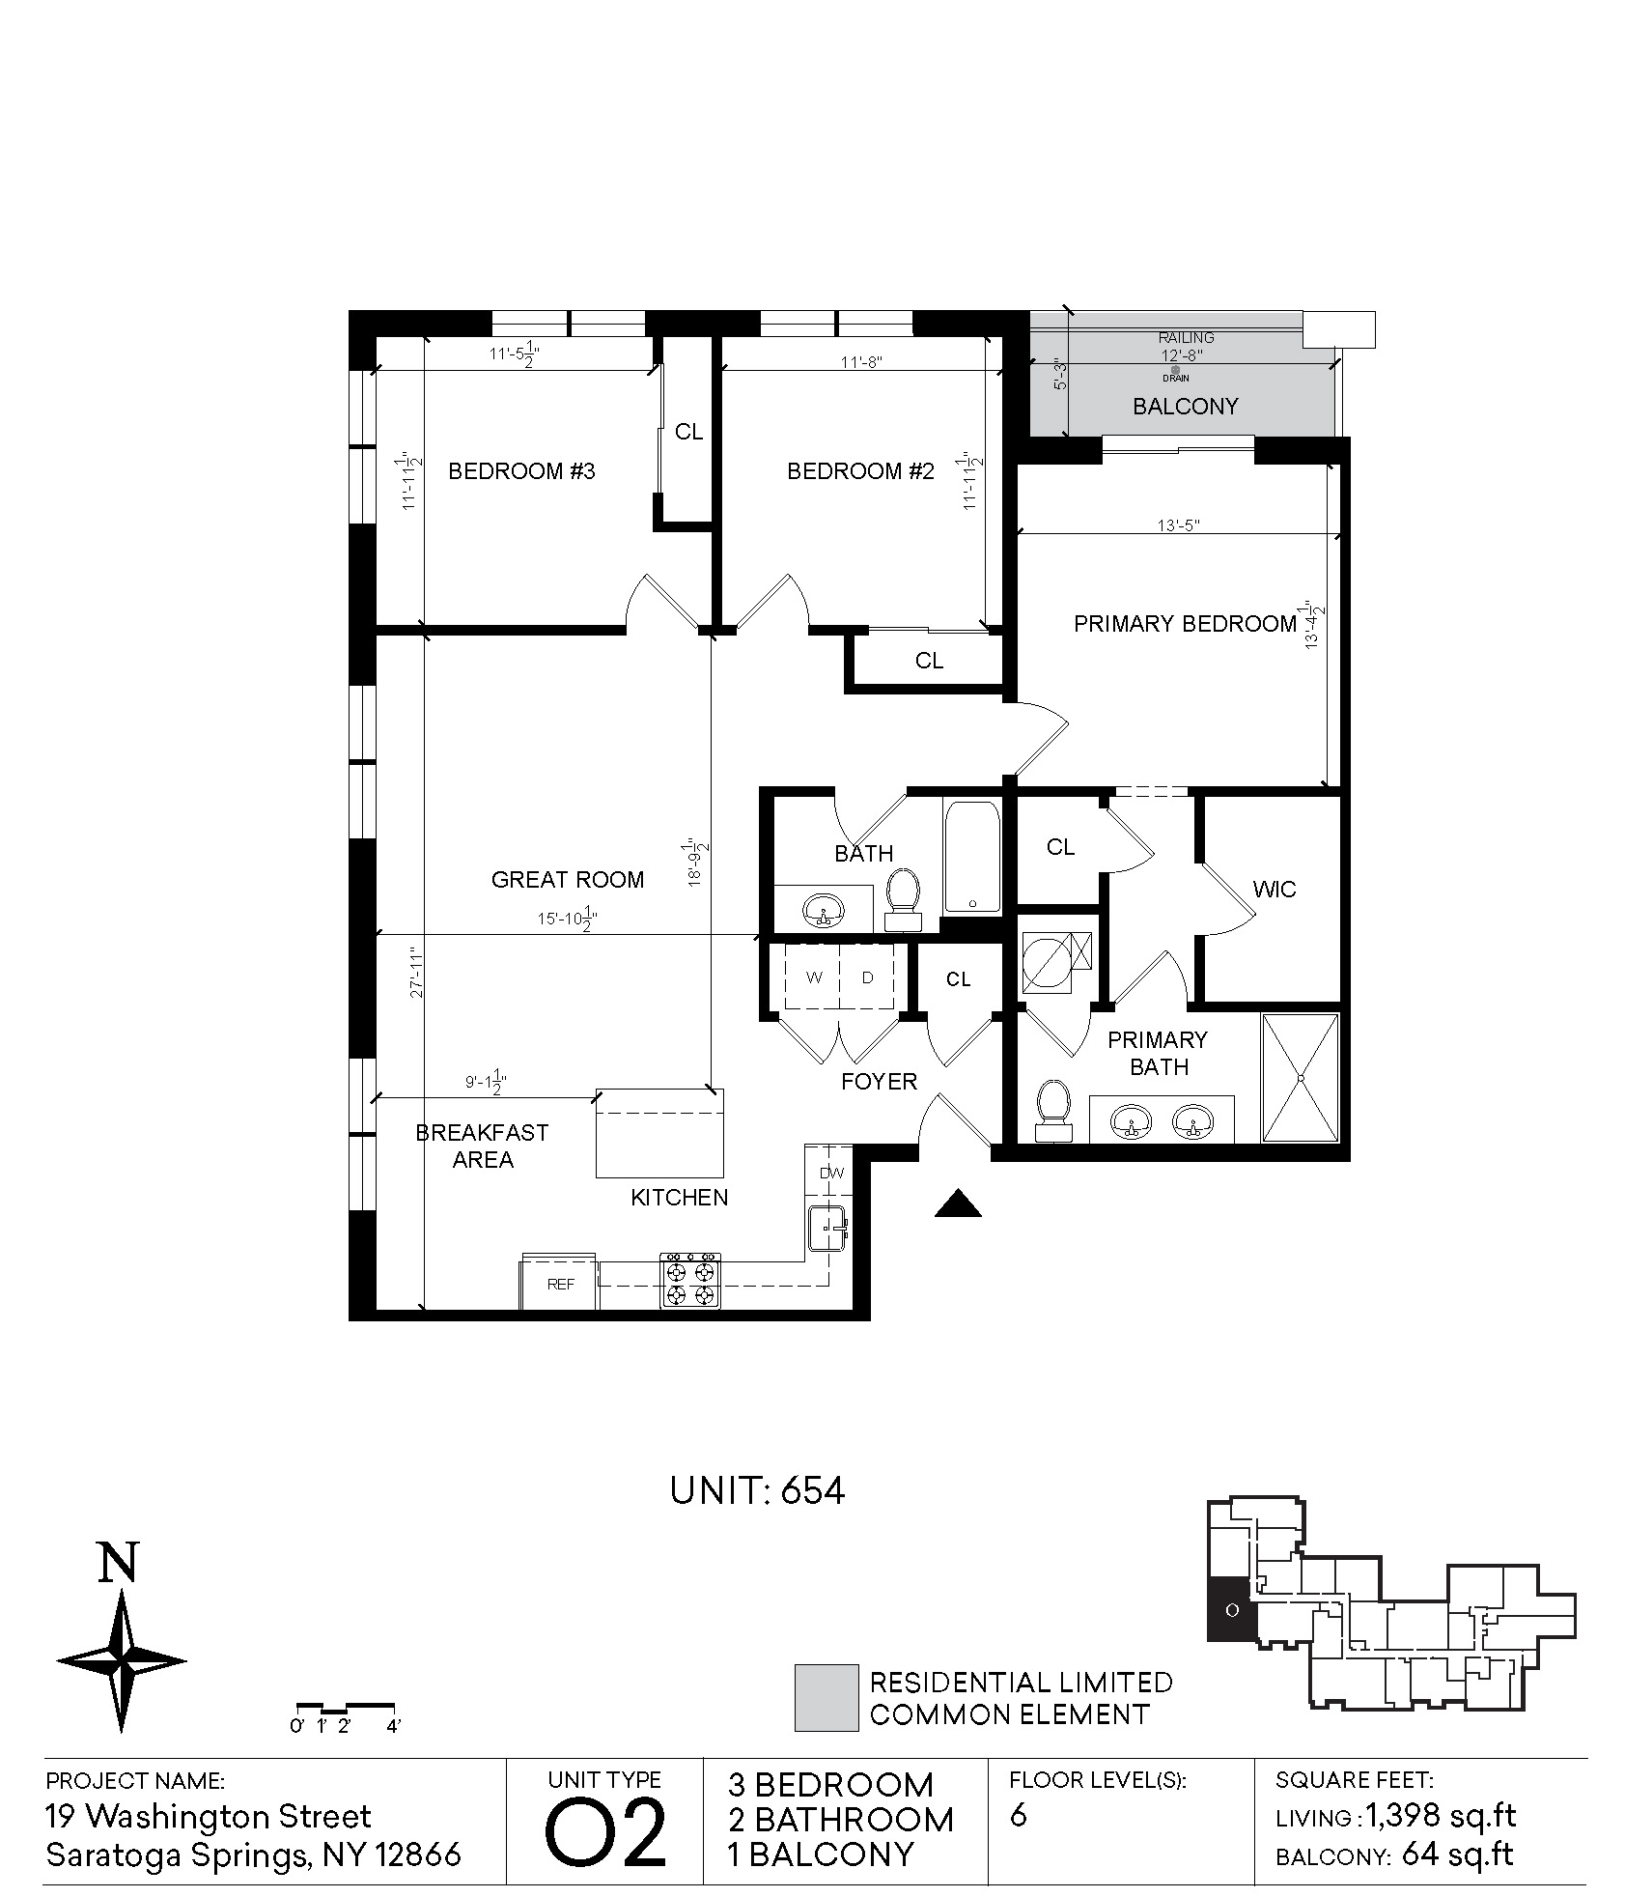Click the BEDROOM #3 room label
pos(521,471)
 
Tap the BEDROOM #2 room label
pos(860,471)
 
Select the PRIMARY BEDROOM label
pos(1185,624)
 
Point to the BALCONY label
pos(1185,407)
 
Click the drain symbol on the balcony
pos(1175,370)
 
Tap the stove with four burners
pos(690,1281)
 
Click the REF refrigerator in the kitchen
pos(560,1283)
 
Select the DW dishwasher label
pos(831,1174)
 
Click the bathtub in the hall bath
pos(972,857)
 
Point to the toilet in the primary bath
pos(1052,1111)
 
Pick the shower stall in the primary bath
pos(1301,1078)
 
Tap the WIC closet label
pos(1275,890)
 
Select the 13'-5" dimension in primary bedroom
pos(1179,525)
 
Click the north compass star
pos(122,1661)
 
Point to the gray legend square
pos(827,1697)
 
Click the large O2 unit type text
pos(606,1831)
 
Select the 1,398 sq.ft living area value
pos(1441,1816)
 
